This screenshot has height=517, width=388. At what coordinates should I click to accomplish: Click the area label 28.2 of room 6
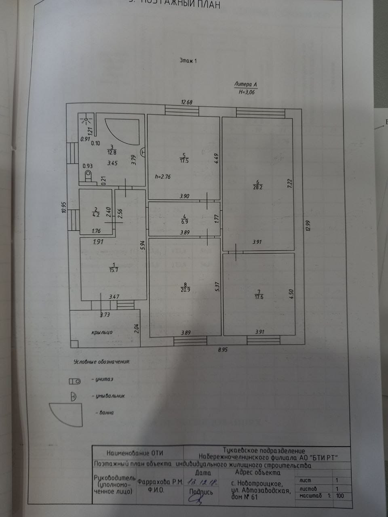pyautogui.click(x=257, y=187)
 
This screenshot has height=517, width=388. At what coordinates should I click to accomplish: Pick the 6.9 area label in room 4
pyautogui.click(x=185, y=222)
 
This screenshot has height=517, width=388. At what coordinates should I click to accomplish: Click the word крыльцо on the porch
pyautogui.click(x=102, y=332)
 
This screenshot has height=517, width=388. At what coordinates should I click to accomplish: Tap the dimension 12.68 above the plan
pyautogui.click(x=187, y=102)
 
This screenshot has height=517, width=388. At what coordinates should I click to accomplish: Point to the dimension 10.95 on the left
pyautogui.click(x=64, y=210)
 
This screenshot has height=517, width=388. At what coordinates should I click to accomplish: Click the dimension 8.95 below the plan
pyautogui.click(x=222, y=350)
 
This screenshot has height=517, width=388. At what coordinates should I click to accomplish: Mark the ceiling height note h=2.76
pyautogui.click(x=162, y=177)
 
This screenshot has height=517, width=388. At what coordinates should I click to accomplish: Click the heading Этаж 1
pyautogui.click(x=188, y=61)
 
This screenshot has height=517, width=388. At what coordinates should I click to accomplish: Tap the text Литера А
pyautogui.click(x=245, y=84)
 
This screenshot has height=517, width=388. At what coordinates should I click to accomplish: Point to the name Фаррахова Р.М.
pyautogui.click(x=160, y=482)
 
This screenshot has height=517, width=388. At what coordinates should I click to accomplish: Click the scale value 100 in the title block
pyautogui.click(x=341, y=496)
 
